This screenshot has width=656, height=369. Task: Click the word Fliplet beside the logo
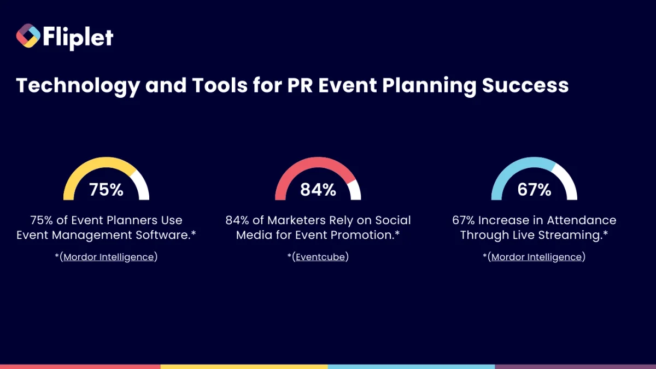(x=77, y=37)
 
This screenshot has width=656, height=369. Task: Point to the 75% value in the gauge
(x=106, y=190)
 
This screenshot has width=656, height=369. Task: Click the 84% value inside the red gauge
(x=318, y=190)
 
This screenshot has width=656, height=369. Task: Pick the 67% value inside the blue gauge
(x=534, y=190)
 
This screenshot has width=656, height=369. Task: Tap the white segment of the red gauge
(x=354, y=189)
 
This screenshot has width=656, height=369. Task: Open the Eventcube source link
(x=321, y=257)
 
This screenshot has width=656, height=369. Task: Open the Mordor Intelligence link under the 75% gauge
(x=109, y=257)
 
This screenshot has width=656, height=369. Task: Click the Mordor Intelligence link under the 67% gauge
(x=537, y=257)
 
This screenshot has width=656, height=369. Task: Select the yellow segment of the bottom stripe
(x=244, y=366)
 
